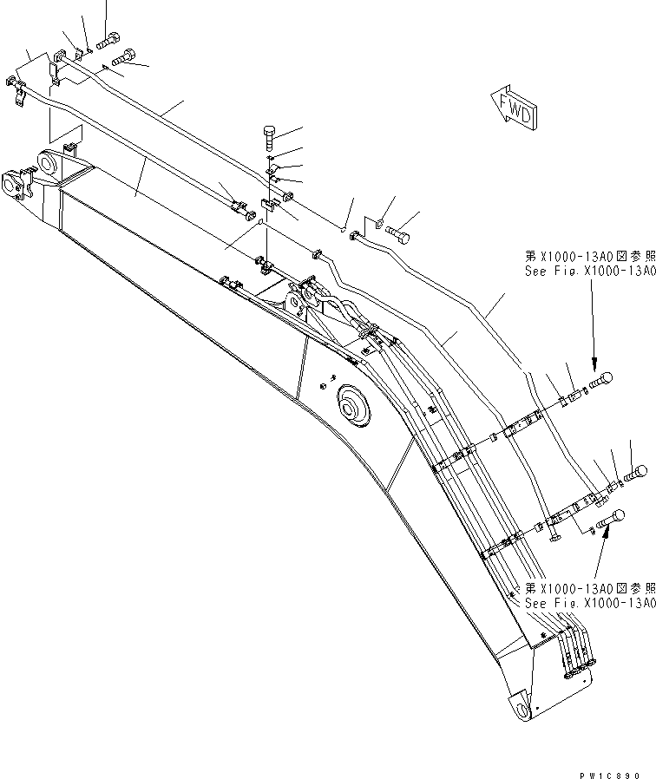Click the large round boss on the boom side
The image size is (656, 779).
[353, 403]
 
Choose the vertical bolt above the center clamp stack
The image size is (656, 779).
[269, 137]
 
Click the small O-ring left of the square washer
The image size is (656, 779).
[344, 229]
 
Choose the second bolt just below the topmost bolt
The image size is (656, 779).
[124, 56]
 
